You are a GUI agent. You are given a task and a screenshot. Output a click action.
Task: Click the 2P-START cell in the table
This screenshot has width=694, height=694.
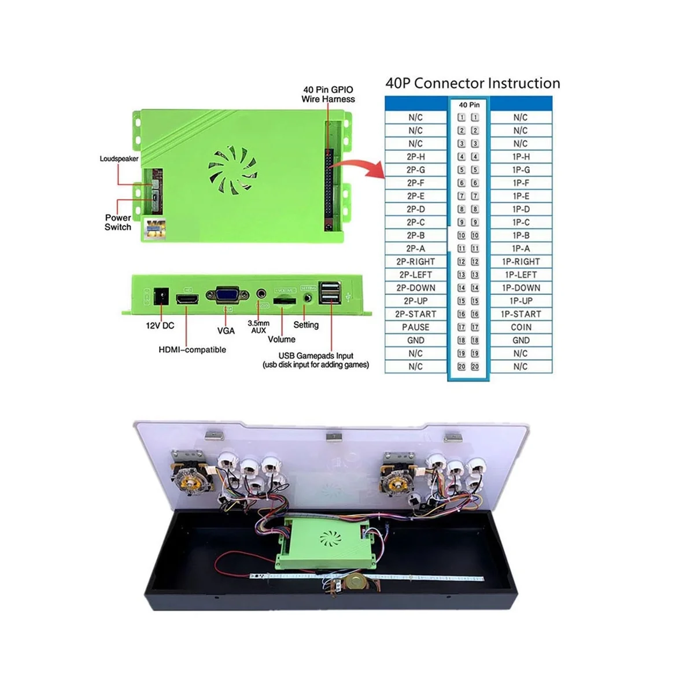416,314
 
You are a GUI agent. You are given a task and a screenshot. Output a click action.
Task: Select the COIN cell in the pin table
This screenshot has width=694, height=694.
520,327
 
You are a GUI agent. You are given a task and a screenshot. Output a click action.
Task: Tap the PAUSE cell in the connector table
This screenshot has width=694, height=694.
416,327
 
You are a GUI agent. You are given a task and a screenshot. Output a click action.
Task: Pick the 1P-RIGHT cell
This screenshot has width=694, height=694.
520,262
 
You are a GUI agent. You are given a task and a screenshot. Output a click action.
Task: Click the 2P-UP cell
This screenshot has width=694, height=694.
416,301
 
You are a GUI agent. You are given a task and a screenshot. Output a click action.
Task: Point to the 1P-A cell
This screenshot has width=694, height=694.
520,249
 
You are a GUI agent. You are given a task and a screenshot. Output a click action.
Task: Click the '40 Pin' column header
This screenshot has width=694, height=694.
469,105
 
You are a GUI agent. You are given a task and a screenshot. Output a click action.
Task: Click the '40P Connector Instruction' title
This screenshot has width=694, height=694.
472,83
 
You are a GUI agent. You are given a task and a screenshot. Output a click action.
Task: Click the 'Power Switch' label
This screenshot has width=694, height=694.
118,223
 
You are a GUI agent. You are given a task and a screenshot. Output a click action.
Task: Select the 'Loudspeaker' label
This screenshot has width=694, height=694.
119,158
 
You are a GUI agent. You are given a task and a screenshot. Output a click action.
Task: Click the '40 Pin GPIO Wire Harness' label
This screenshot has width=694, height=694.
328,94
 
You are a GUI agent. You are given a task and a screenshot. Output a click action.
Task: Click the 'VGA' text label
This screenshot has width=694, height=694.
226,331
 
